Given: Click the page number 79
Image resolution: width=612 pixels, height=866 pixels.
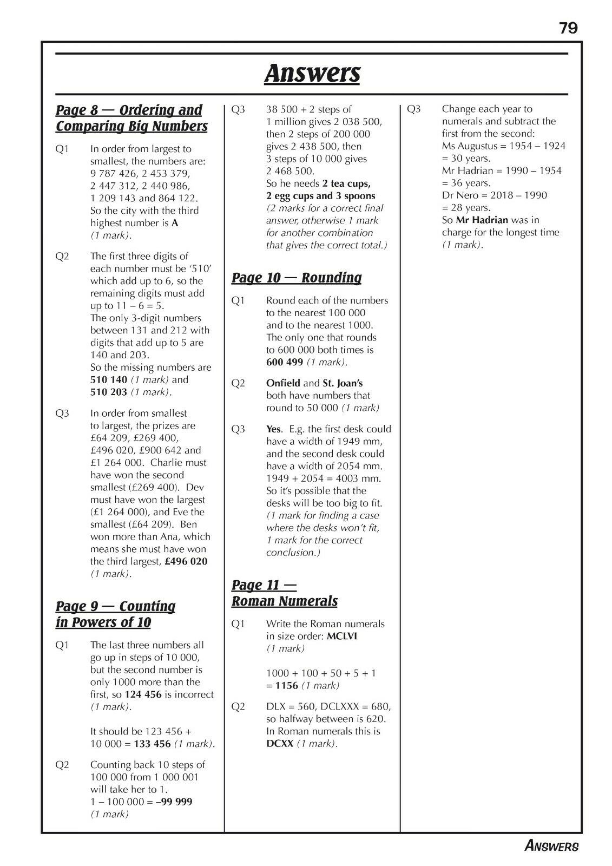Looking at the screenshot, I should (x=568, y=28).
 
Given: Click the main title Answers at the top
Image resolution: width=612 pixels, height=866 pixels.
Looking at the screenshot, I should (x=312, y=73).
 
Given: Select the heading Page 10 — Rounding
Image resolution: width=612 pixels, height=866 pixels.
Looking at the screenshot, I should (x=297, y=278).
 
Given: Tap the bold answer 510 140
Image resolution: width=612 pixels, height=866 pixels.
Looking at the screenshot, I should (x=109, y=380).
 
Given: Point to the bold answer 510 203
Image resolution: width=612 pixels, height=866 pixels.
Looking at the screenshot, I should (x=109, y=392).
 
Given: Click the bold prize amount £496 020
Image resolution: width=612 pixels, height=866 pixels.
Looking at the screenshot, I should (x=186, y=561).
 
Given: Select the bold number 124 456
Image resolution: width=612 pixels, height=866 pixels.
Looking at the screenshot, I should (x=143, y=694).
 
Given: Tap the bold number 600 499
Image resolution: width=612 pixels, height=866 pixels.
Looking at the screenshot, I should (x=285, y=362).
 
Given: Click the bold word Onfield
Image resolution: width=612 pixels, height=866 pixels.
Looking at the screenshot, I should (x=282, y=383).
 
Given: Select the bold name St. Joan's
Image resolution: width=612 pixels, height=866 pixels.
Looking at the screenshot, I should (x=343, y=383).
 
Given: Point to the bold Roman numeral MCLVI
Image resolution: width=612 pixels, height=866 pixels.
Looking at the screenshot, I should (x=341, y=636).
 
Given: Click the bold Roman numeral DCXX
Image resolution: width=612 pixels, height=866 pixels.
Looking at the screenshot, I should (x=280, y=744).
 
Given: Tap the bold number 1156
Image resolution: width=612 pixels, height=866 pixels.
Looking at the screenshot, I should (x=287, y=685).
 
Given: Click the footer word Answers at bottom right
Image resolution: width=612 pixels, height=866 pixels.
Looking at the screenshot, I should (x=551, y=845).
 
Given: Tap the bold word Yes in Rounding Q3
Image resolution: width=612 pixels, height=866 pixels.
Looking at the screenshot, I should (x=274, y=429).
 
